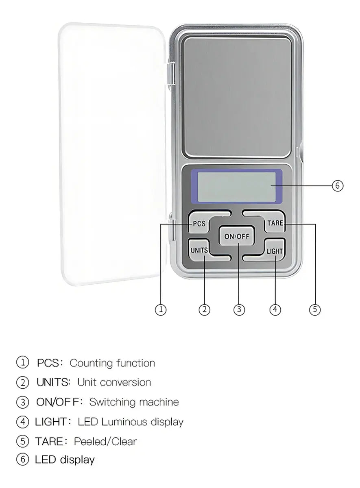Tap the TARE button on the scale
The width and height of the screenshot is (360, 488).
pos(275,223)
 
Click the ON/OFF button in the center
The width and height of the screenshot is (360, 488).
pos(237,236)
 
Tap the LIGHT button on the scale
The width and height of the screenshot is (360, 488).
pos(274,251)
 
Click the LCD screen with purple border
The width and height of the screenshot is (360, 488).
pos(237,187)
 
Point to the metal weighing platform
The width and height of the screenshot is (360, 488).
pos(237,97)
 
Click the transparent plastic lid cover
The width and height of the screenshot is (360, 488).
pos(112,154)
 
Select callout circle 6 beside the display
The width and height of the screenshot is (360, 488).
pos(337,186)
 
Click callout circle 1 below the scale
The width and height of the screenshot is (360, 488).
pos(161,309)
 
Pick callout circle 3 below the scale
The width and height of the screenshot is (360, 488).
pos(239,309)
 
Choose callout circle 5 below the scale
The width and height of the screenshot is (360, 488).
pos(315,309)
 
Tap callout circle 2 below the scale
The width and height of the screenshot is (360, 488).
pos(204,309)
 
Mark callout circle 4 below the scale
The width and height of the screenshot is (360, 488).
pos(275,309)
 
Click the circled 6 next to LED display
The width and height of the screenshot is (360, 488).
pos(22,460)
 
